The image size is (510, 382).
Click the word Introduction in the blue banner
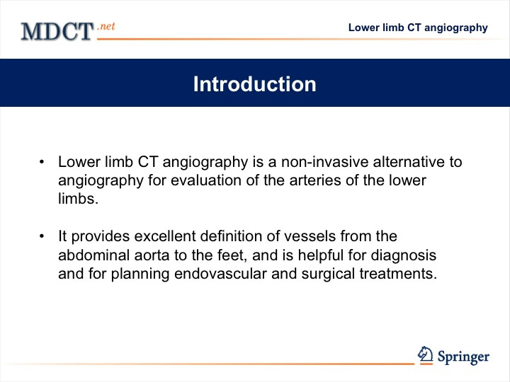[x=255, y=84]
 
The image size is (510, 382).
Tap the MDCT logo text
[x=57, y=32]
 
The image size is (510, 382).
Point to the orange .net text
[x=106, y=26]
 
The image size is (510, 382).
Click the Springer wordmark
[x=463, y=357]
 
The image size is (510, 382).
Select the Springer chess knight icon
[x=425, y=354]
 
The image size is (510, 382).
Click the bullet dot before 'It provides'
[x=42, y=236]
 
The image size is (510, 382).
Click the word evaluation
[x=206, y=180]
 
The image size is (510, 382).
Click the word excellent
[x=165, y=236]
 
